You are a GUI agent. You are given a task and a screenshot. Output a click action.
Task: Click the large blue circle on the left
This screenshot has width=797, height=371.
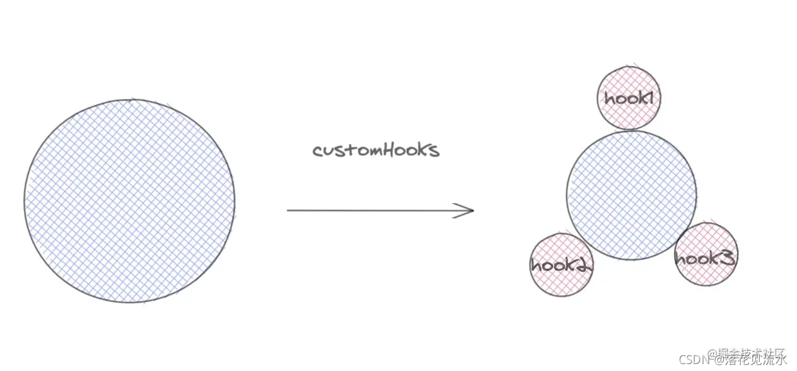pyautogui.click(x=129, y=201)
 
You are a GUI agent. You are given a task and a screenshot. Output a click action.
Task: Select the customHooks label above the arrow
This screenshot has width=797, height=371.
pyautogui.click(x=376, y=150)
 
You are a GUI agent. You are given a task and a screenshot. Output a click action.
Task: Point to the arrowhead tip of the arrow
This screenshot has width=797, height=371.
pyautogui.click(x=473, y=210)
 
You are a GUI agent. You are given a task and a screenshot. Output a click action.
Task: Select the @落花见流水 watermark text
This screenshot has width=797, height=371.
pyautogui.click(x=748, y=360)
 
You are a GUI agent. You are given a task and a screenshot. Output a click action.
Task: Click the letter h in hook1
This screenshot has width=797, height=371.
pyautogui.click(x=609, y=98)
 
